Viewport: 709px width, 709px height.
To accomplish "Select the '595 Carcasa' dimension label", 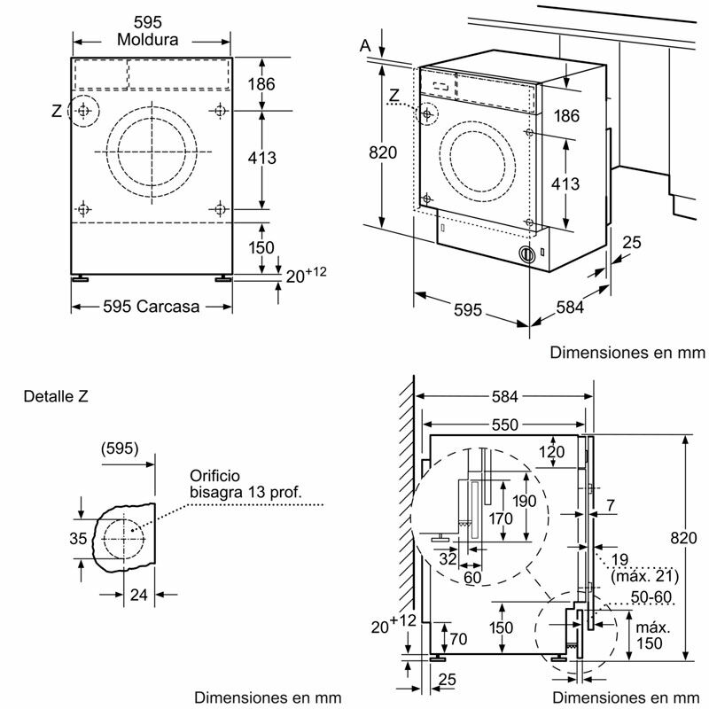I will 151,307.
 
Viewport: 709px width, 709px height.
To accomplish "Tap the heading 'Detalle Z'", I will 57,396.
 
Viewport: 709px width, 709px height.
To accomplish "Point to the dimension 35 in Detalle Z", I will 78,538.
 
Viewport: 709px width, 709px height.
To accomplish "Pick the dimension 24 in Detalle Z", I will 138,595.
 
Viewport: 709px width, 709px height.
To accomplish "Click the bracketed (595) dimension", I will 120,448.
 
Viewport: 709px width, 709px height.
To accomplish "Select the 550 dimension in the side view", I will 504,425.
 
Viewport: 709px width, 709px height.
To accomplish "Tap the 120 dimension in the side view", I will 551,452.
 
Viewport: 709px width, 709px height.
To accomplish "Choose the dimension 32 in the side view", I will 447,558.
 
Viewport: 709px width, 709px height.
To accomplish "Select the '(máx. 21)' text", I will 641,574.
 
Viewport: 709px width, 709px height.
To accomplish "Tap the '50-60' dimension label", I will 650,599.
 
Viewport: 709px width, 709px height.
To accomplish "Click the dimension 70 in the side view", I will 458,637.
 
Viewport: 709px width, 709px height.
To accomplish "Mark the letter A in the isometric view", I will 364,45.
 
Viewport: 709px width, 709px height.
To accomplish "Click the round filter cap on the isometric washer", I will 528,254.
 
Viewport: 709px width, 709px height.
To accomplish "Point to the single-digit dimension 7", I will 611,505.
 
